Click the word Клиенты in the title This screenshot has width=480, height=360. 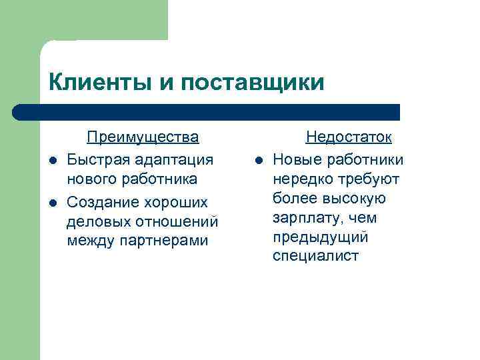pyautogui.click(x=100, y=83)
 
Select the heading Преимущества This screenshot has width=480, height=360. pyautogui.click(x=143, y=137)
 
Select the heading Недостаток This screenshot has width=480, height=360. pyautogui.click(x=349, y=137)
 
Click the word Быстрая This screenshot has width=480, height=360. pyautogui.click(x=98, y=159)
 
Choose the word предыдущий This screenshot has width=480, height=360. pyautogui.click(x=321, y=237)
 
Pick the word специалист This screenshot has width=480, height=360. pyautogui.click(x=315, y=256)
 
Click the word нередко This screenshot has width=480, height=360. pyautogui.click(x=301, y=179)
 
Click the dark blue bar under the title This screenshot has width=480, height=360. pyautogui.click(x=207, y=112)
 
